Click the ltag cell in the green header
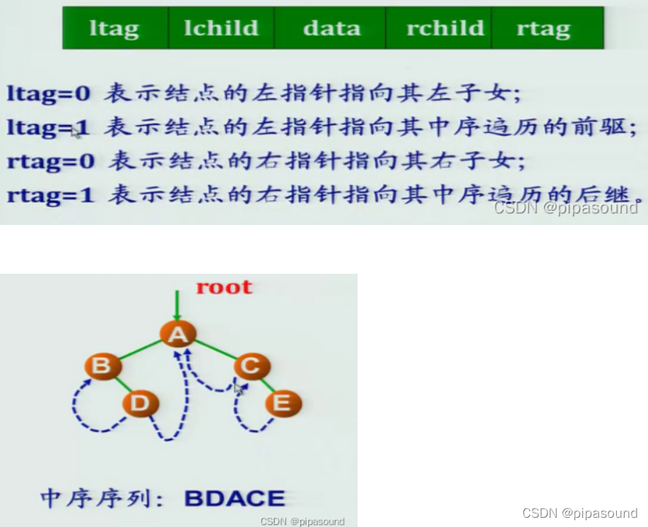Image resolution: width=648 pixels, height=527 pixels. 115,28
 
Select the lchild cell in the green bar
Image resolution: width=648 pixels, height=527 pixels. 221,28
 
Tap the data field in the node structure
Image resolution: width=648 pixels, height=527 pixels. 330,28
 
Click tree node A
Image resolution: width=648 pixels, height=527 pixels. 178,334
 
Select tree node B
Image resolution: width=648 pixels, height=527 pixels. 102,366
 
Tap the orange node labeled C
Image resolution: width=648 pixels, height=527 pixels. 252,366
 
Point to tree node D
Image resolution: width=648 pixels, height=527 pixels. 141,403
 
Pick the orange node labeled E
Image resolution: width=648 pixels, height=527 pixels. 283,403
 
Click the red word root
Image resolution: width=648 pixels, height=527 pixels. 224,287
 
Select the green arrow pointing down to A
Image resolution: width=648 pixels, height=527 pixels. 177,306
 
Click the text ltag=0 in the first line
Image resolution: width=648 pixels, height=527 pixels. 49,93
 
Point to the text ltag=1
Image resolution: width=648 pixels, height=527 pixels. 48,127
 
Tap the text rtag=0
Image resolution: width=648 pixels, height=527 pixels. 51,161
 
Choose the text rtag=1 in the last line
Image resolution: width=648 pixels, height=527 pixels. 50,195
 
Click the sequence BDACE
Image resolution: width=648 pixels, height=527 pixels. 235,498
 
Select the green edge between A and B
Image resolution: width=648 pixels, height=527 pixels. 140,350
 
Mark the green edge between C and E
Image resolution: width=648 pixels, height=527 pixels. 267,385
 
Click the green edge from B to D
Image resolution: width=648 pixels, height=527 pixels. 122,385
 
